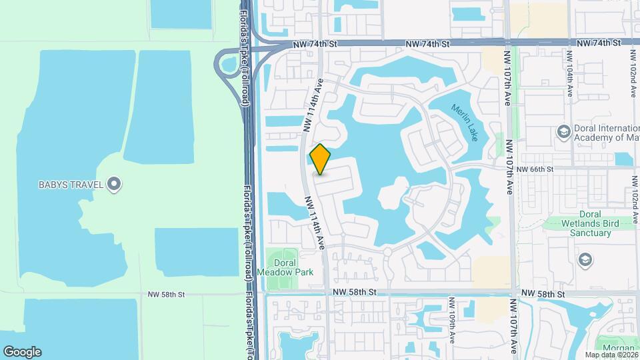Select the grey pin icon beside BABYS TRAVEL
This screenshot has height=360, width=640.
pyautogui.click(x=115, y=183)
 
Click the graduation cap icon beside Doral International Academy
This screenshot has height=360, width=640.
pyautogui.click(x=563, y=132)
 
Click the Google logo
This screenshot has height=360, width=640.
pyautogui.click(x=22, y=352)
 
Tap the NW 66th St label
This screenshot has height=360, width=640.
pyautogui.click(x=539, y=170)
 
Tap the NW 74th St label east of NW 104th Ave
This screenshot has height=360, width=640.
pyautogui.click(x=598, y=43)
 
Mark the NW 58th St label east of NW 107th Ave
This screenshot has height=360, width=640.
pyautogui.click(x=543, y=293)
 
